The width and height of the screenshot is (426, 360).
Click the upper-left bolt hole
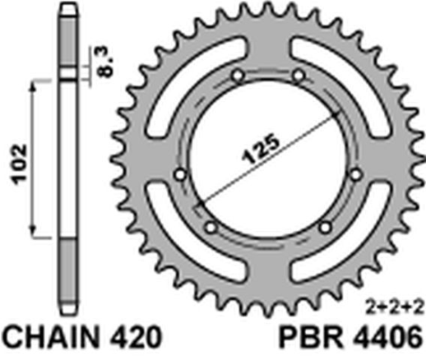(x=238, y=78)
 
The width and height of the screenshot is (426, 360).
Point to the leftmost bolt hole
(x=182, y=173)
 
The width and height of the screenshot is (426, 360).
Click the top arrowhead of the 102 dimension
(x=33, y=84)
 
